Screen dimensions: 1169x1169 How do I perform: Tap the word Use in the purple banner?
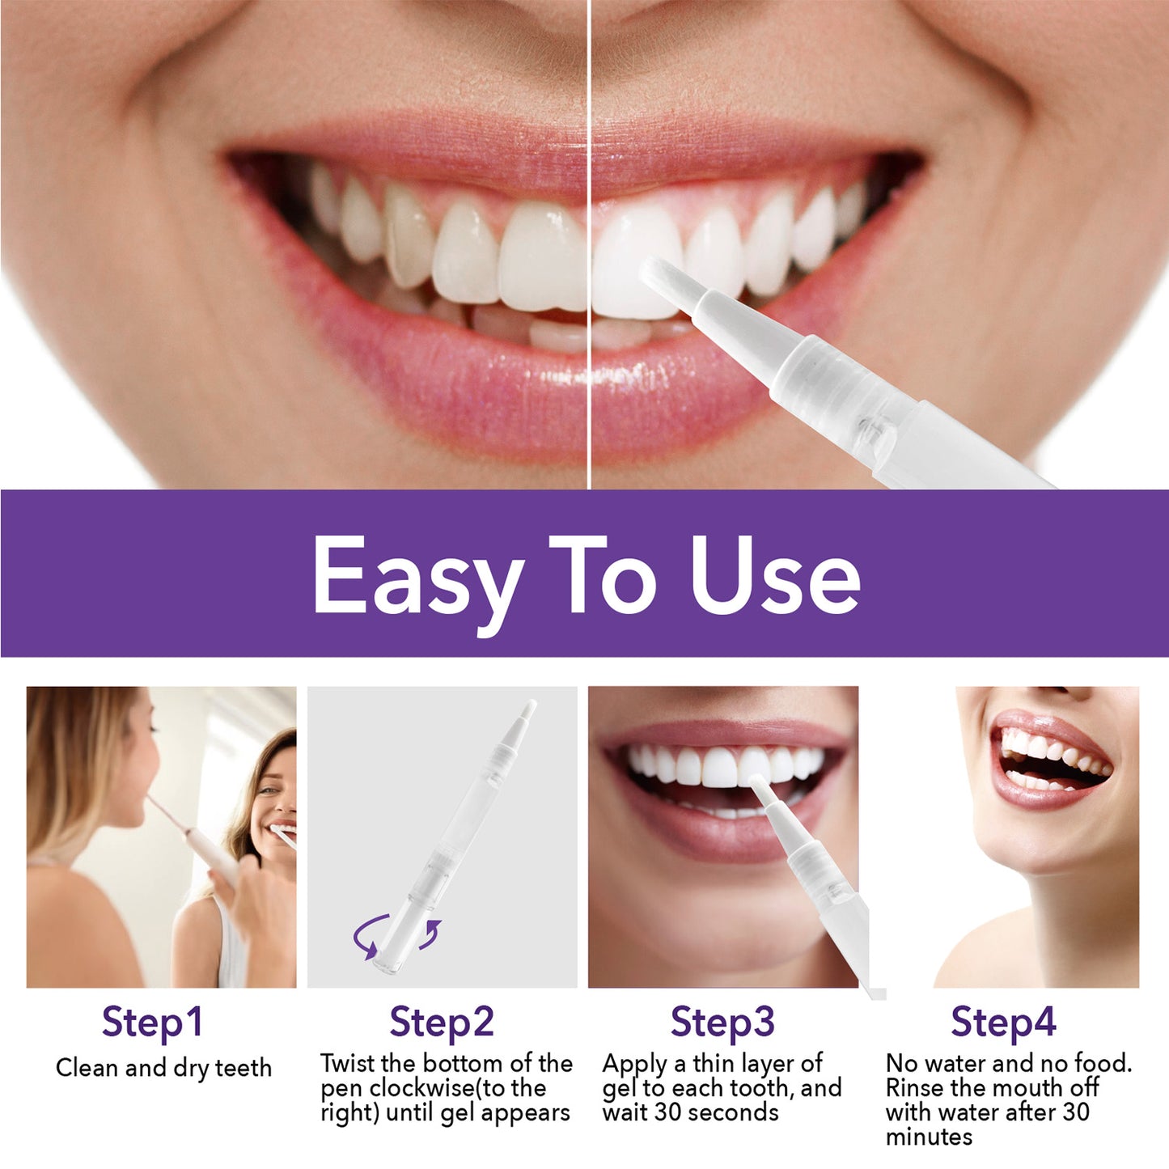[775, 576]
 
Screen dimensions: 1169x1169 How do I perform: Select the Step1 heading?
[152, 1022]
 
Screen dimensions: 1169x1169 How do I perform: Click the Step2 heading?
[442, 1022]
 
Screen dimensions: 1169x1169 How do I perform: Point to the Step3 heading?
[722, 1022]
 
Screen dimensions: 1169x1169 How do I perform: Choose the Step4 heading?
[1003, 1022]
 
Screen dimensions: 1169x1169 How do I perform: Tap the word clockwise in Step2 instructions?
[434, 1088]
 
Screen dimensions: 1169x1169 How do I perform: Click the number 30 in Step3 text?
[668, 1112]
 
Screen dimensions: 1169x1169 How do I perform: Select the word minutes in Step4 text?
[929, 1137]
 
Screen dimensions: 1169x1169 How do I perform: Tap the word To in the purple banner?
[603, 576]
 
